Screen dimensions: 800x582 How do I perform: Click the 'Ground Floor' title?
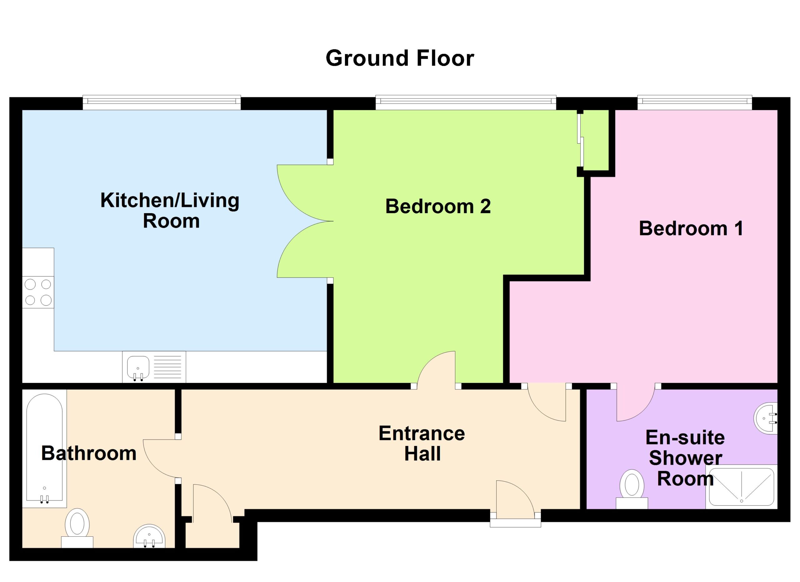[400, 58]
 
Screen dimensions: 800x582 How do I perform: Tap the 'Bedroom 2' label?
[438, 206]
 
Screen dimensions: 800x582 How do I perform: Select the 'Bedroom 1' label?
[691, 228]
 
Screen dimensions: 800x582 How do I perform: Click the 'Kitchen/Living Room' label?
[170, 211]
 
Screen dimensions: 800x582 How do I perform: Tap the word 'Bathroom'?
[89, 453]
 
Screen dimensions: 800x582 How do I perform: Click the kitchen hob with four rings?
[38, 292]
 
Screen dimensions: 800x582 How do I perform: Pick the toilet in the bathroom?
[77, 528]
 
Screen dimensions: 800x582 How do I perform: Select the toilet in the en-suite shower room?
[632, 489]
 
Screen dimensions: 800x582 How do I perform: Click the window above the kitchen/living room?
[162, 102]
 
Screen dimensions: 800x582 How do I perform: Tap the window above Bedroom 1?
[695, 102]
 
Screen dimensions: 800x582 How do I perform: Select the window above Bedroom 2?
[466, 102]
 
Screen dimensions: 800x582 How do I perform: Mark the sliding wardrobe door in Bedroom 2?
[581, 140]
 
